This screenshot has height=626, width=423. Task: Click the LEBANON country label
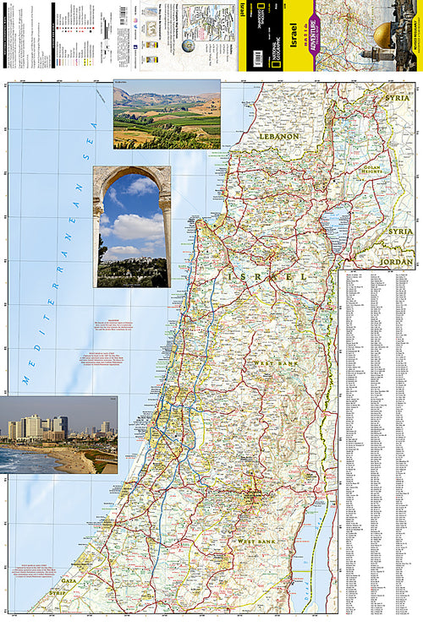point(279,136)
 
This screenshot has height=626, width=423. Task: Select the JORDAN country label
point(397,263)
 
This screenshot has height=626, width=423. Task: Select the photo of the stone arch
point(132,226)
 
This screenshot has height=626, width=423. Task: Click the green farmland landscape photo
point(167,114)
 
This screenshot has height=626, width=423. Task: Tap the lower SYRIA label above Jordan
point(399,231)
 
